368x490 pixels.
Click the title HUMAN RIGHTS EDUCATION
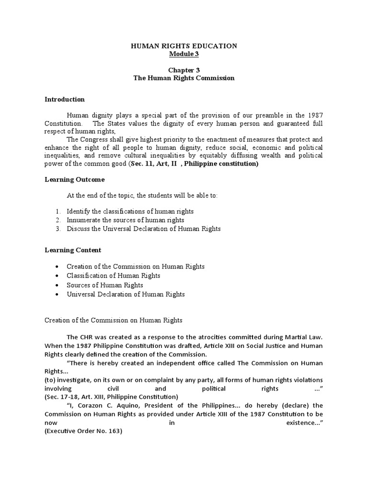pos(184,46)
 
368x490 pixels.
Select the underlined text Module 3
pos(184,54)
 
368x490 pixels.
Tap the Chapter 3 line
pos(184,70)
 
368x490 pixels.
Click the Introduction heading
pos(65,100)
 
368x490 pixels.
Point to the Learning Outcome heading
pos(75,179)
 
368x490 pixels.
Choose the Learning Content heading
pos(73,250)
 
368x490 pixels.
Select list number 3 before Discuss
pos(57,229)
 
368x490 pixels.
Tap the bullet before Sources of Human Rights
pos(57,285)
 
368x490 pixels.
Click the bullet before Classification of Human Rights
pos(57,276)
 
